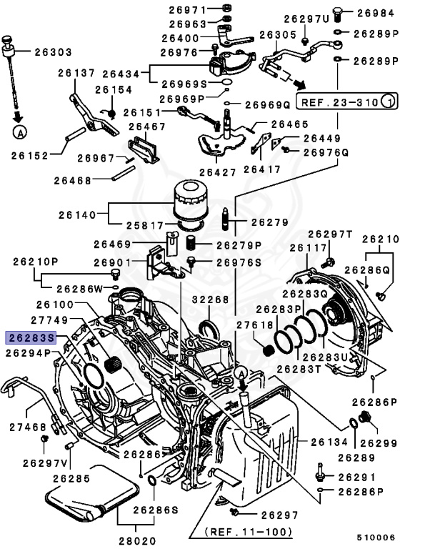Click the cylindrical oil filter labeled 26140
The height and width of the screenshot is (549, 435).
coord(190,202)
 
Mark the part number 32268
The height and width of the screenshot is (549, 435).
coord(209,300)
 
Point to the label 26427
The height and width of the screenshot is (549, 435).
coord(219,172)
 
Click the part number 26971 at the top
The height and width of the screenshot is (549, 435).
coord(188,9)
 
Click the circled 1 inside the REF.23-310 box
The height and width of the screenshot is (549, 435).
coord(388,102)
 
